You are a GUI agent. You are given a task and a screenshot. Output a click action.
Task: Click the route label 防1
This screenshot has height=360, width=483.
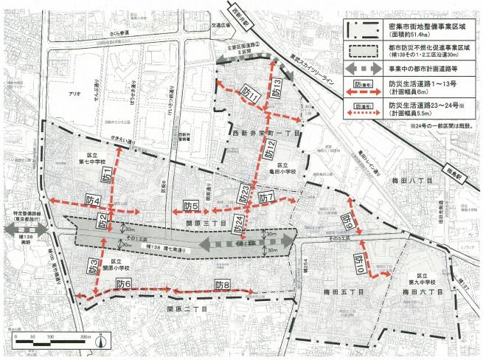105,176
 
